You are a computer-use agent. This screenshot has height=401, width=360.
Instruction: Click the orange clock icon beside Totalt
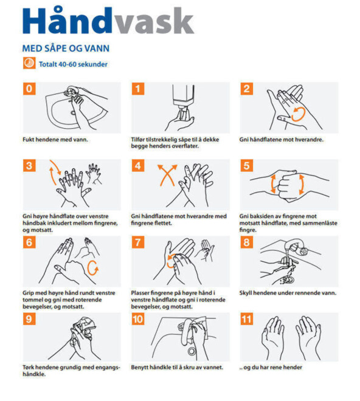click(x=29, y=63)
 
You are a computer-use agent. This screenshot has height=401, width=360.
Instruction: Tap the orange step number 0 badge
click(x=29, y=89)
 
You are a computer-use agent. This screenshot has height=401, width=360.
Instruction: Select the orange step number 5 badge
click(x=246, y=165)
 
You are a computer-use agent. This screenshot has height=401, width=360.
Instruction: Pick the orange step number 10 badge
click(x=138, y=319)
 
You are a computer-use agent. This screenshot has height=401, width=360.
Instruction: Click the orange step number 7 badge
click(x=138, y=242)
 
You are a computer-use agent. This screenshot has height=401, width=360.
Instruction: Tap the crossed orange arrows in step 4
click(x=167, y=175)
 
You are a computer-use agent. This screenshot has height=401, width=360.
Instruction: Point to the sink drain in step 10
click(x=192, y=351)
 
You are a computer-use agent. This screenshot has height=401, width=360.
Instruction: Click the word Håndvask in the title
click(x=108, y=21)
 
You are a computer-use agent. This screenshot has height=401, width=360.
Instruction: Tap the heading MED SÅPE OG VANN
click(x=66, y=49)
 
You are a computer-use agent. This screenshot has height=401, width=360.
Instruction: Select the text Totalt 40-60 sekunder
click(x=73, y=64)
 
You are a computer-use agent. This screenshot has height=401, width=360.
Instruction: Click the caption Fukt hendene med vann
click(x=55, y=140)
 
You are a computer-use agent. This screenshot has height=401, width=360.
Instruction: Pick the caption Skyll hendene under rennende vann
click(x=288, y=293)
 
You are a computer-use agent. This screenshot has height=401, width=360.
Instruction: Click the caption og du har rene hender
click(x=271, y=368)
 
